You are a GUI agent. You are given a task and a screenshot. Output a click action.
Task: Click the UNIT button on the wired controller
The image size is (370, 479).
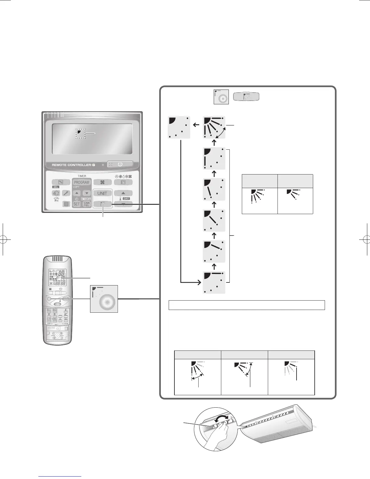coord(102,193)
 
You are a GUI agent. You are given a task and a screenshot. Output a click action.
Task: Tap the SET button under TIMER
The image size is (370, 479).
coord(77,204)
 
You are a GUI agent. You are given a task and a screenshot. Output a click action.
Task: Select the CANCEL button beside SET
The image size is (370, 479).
coord(86,204)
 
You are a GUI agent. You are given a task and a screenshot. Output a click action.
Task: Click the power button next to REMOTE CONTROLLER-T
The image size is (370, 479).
coord(120,164)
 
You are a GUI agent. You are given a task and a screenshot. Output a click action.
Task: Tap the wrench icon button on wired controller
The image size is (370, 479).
coord(67,193)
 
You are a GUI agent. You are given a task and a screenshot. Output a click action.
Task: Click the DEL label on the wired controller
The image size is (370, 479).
coord(57,187)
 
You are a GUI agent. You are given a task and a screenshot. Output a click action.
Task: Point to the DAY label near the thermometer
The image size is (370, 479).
coord(126,199)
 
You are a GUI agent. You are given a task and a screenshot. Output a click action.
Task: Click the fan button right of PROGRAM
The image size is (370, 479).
coord(102,182)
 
